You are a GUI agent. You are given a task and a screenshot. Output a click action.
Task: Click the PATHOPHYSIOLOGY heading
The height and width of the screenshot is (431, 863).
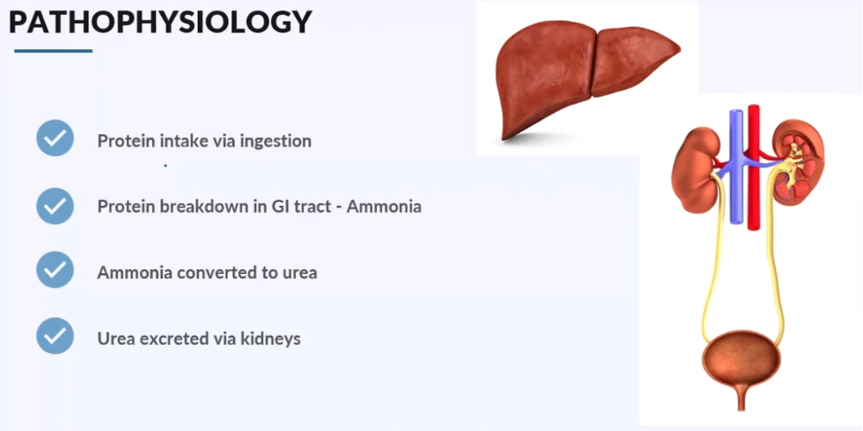coord(160,22)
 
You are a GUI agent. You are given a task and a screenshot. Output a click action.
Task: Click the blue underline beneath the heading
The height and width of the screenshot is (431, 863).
coord(54,51)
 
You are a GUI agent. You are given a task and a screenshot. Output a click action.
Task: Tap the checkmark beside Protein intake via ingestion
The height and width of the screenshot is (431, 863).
coord(55,138)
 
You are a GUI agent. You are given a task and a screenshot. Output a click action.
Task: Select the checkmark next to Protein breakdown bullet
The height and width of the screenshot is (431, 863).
coord(55,205)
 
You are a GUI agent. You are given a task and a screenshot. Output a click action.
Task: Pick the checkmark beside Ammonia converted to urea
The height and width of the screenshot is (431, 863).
coord(55,270)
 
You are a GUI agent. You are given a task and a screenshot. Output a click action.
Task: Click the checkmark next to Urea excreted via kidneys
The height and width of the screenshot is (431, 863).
coord(55,336)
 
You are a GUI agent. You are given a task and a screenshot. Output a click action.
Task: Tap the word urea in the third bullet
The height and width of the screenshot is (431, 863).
coord(299,273)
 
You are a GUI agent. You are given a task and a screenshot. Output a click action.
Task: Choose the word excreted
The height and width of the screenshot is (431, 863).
coord(172,339)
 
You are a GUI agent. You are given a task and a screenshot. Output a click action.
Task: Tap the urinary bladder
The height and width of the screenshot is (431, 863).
coord(741,359)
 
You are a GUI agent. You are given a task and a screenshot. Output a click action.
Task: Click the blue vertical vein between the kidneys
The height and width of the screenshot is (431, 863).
coord(736,172)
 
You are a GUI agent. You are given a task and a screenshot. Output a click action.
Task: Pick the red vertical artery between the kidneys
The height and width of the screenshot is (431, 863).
coord(753,172)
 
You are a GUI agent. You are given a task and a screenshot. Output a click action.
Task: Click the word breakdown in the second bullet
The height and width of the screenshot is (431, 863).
coord(193,207)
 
